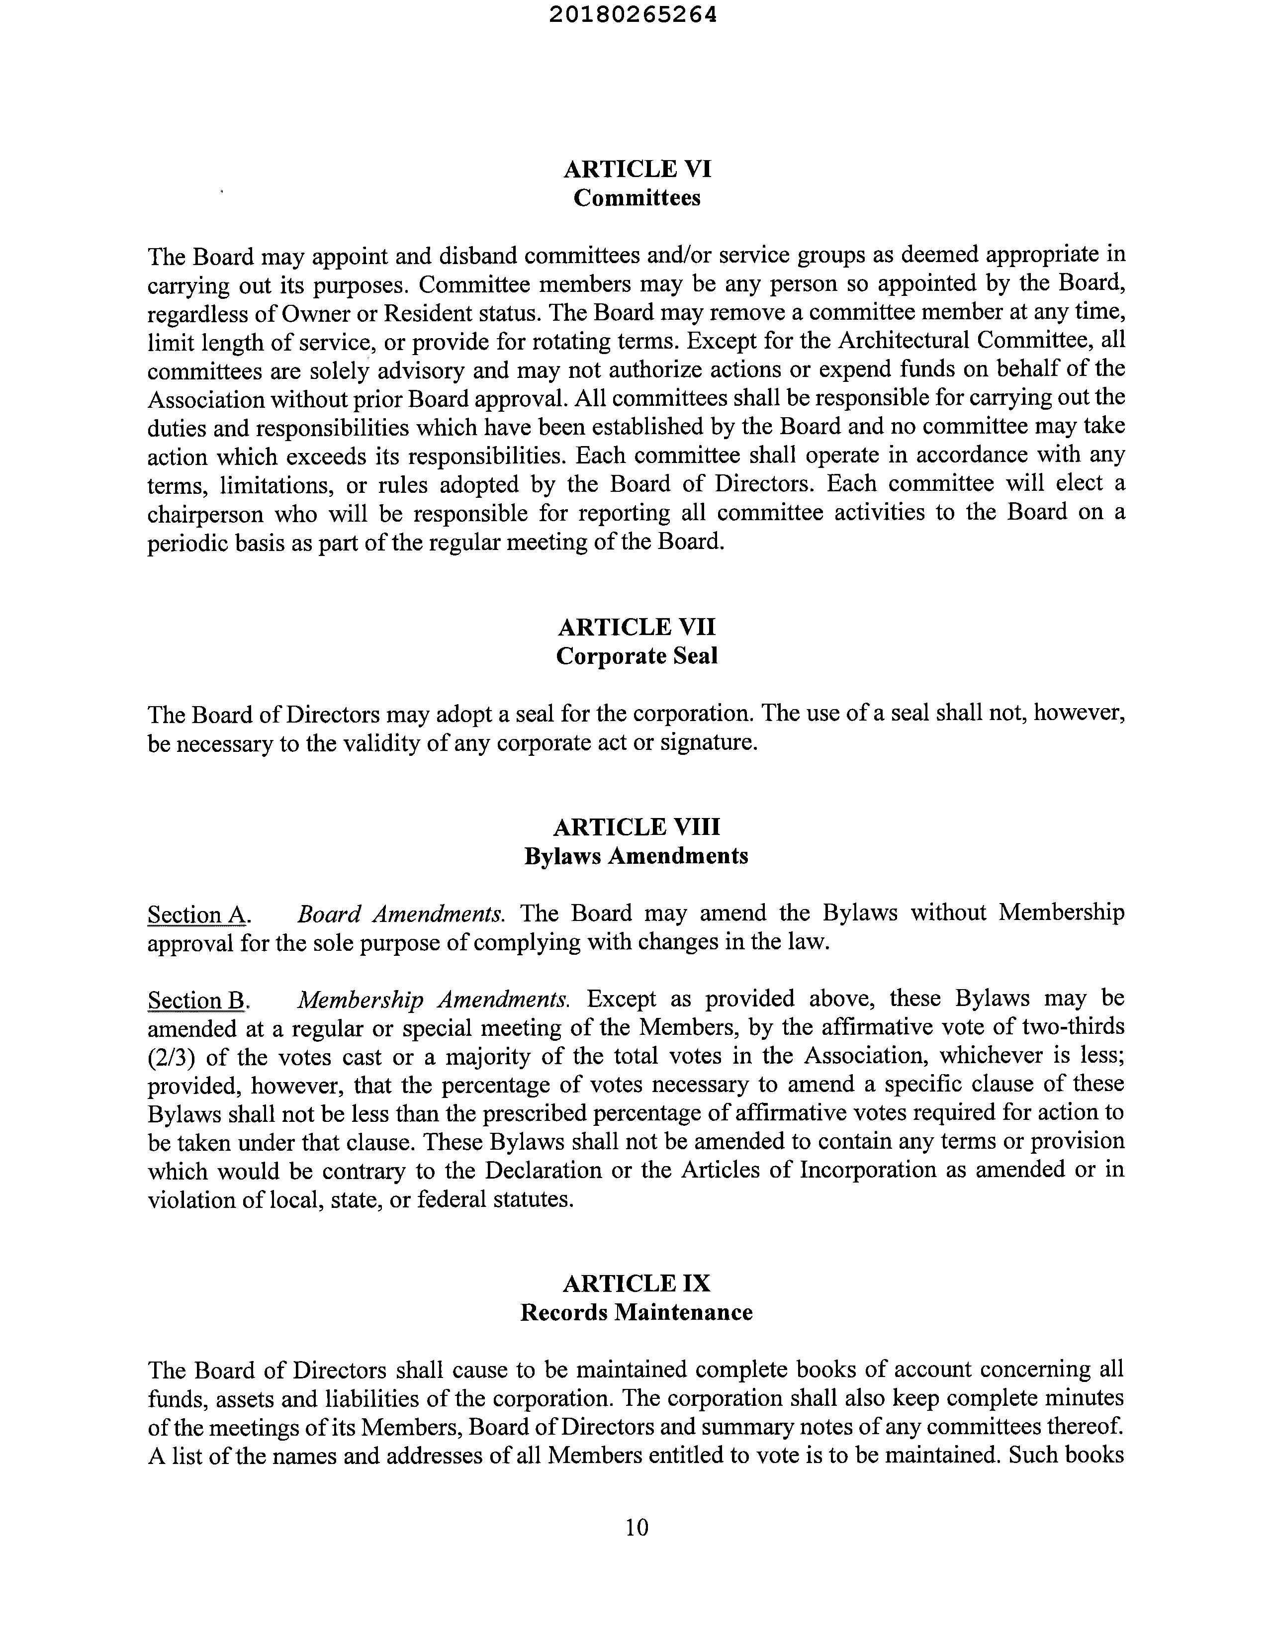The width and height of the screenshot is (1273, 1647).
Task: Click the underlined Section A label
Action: tap(197, 915)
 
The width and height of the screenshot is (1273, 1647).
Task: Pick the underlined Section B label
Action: tap(197, 1000)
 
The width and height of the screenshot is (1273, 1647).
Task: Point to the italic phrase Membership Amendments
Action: tap(433, 999)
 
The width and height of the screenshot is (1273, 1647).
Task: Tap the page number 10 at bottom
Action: tap(636, 1527)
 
